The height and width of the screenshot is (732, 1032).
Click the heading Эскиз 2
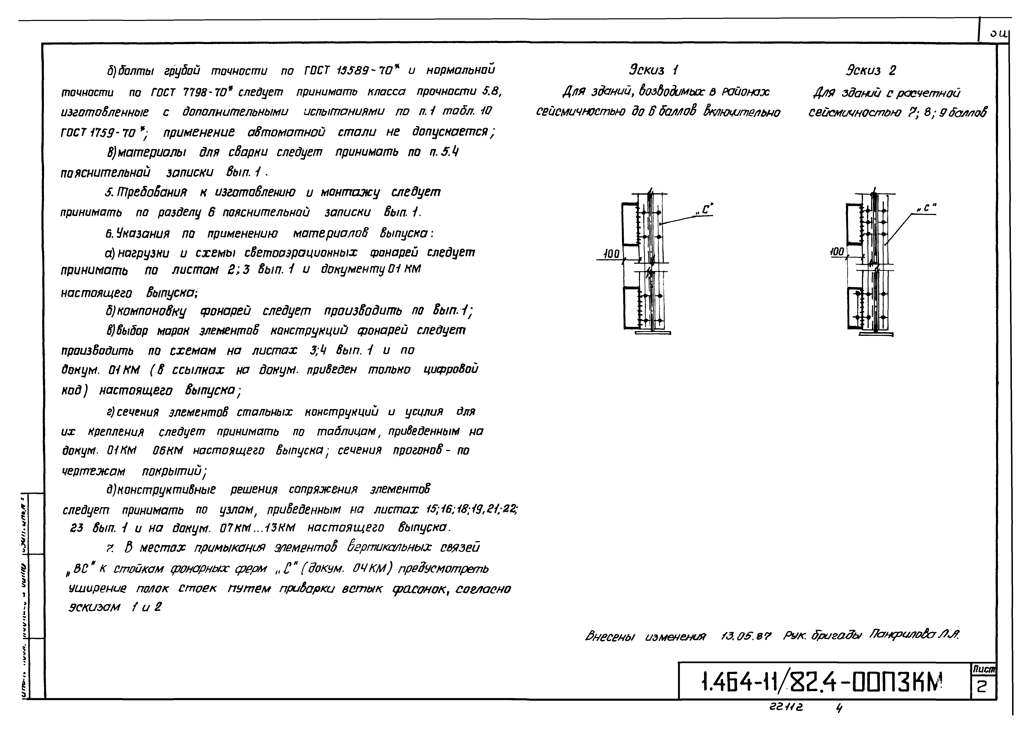click(x=871, y=70)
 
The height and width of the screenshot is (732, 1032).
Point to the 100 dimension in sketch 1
click(x=611, y=254)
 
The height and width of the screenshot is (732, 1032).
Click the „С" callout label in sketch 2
click(x=927, y=208)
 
